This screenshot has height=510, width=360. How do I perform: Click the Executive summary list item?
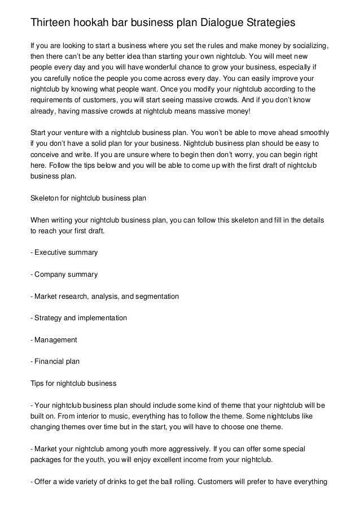click(64, 252)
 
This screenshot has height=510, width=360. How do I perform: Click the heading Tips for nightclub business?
click(73, 383)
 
